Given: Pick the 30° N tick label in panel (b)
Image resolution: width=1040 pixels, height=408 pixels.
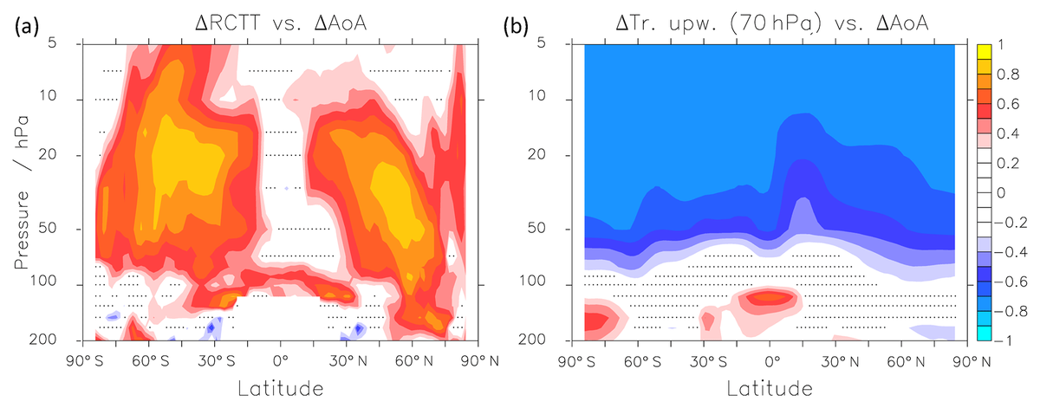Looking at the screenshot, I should tap(835, 359).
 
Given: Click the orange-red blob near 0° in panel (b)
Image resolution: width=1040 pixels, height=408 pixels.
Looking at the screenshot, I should tap(769, 297).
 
